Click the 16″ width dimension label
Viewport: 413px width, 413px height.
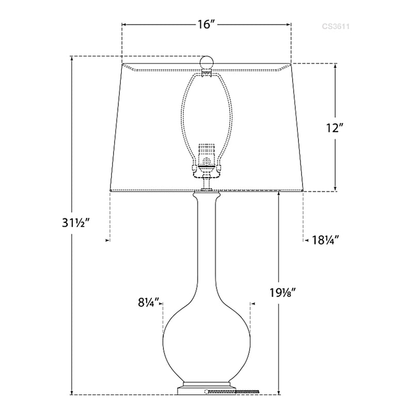pyautogui.click(x=205, y=24)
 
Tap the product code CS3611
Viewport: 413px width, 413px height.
pyautogui.click(x=336, y=25)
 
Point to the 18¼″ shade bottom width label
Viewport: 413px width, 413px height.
pyautogui.click(x=325, y=240)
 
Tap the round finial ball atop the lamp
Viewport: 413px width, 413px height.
pyautogui.click(x=206, y=61)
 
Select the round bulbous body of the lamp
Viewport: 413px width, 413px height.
pyautogui.click(x=206, y=341)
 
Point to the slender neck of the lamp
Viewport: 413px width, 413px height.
pyautogui.click(x=206, y=248)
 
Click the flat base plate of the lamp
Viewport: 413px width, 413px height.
pyautogui.click(x=206, y=389)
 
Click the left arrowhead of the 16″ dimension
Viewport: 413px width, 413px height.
pyautogui.click(x=124, y=24)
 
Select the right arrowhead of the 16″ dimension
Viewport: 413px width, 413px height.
pyautogui.click(x=290, y=24)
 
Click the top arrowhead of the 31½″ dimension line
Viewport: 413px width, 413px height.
pyautogui.click(x=72, y=58)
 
